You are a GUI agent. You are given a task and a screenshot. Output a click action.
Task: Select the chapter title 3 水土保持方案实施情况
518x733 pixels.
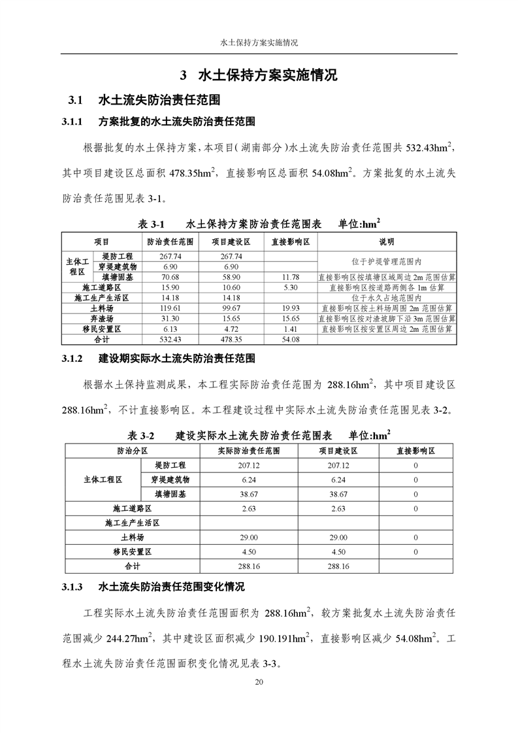pos(259,74)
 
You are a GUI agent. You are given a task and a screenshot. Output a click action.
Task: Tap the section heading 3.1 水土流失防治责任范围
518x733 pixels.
pos(144,101)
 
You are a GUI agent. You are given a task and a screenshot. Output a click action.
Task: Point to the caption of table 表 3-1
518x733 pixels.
pos(259,223)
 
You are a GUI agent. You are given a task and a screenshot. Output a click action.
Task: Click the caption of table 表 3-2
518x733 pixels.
pos(259,434)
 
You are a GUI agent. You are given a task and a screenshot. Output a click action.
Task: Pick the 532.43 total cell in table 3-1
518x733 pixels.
pos(170,340)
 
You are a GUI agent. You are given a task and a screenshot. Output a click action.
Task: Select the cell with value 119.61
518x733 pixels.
pos(170,308)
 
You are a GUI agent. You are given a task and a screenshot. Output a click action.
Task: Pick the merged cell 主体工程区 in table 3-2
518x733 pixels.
pos(103,480)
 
